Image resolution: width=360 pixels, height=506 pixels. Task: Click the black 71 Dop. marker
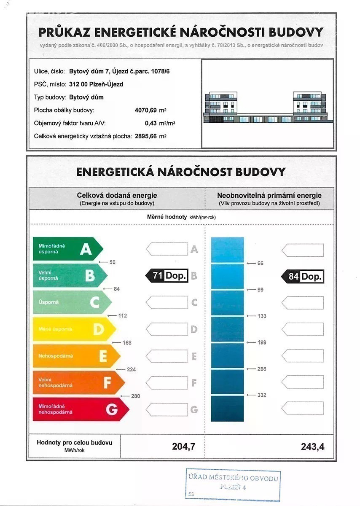pyautogui.click(x=167, y=276)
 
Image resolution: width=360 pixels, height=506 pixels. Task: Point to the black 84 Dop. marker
pyautogui.click(x=303, y=277)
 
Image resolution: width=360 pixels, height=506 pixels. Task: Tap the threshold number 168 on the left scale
pyautogui.click(x=127, y=342)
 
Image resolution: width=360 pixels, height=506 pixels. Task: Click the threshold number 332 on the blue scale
pyautogui.click(x=262, y=395)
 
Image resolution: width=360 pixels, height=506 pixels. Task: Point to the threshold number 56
pyautogui.click(x=112, y=262)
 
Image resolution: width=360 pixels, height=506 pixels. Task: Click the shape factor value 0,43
pyautogui.click(x=150, y=124)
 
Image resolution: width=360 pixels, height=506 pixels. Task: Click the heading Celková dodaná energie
pyautogui.click(x=117, y=195)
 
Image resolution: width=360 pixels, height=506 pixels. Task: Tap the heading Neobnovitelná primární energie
pyautogui.click(x=269, y=195)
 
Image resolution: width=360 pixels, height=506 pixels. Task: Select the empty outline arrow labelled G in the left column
pyautogui.click(x=167, y=409)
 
